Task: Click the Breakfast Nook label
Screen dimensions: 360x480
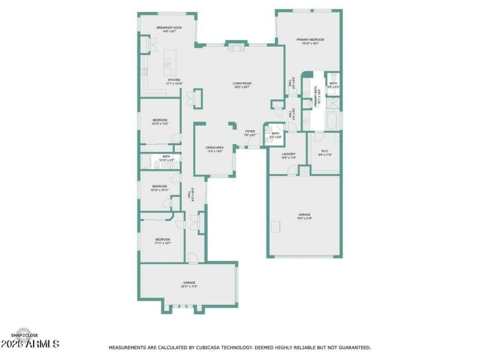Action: click(169, 29)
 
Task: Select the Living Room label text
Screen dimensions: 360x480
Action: click(242, 85)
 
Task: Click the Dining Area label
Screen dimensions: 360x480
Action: click(214, 149)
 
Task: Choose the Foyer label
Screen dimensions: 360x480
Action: click(250, 133)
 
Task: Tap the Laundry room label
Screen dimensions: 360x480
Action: click(289, 156)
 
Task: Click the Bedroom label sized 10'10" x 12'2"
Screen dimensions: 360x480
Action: click(159, 122)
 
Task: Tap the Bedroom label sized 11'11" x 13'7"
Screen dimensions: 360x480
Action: click(161, 241)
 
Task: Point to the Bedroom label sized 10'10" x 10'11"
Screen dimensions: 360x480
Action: click(159, 188)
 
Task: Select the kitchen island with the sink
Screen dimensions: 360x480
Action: click(169, 61)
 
